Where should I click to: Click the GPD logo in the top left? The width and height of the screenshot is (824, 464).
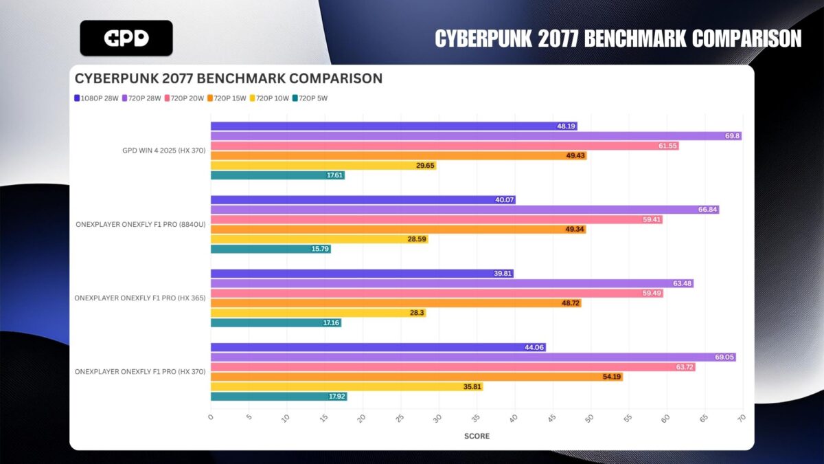126,38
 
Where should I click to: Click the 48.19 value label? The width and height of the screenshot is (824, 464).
566,126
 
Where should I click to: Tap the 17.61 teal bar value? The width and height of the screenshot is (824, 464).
334,175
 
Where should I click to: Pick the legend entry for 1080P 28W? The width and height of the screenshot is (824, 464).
96,98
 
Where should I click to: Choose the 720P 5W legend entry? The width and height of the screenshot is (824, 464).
310,98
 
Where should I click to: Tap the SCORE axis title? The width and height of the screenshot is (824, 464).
476,437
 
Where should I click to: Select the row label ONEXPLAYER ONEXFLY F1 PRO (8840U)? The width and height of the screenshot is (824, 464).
141,224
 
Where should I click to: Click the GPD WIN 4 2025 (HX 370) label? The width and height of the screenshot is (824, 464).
162,151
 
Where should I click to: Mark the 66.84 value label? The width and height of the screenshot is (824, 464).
707,210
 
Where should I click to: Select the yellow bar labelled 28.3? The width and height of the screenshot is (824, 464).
318,313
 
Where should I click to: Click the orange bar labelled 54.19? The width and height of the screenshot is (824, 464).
416,377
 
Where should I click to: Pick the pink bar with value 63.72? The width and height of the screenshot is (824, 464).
453,367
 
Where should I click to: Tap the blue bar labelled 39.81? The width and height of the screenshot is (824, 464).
362,274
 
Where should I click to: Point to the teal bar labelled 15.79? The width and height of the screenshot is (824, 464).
271,249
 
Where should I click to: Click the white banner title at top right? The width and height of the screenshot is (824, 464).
618,38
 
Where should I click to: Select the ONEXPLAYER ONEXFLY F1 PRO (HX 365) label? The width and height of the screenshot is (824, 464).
140,298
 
